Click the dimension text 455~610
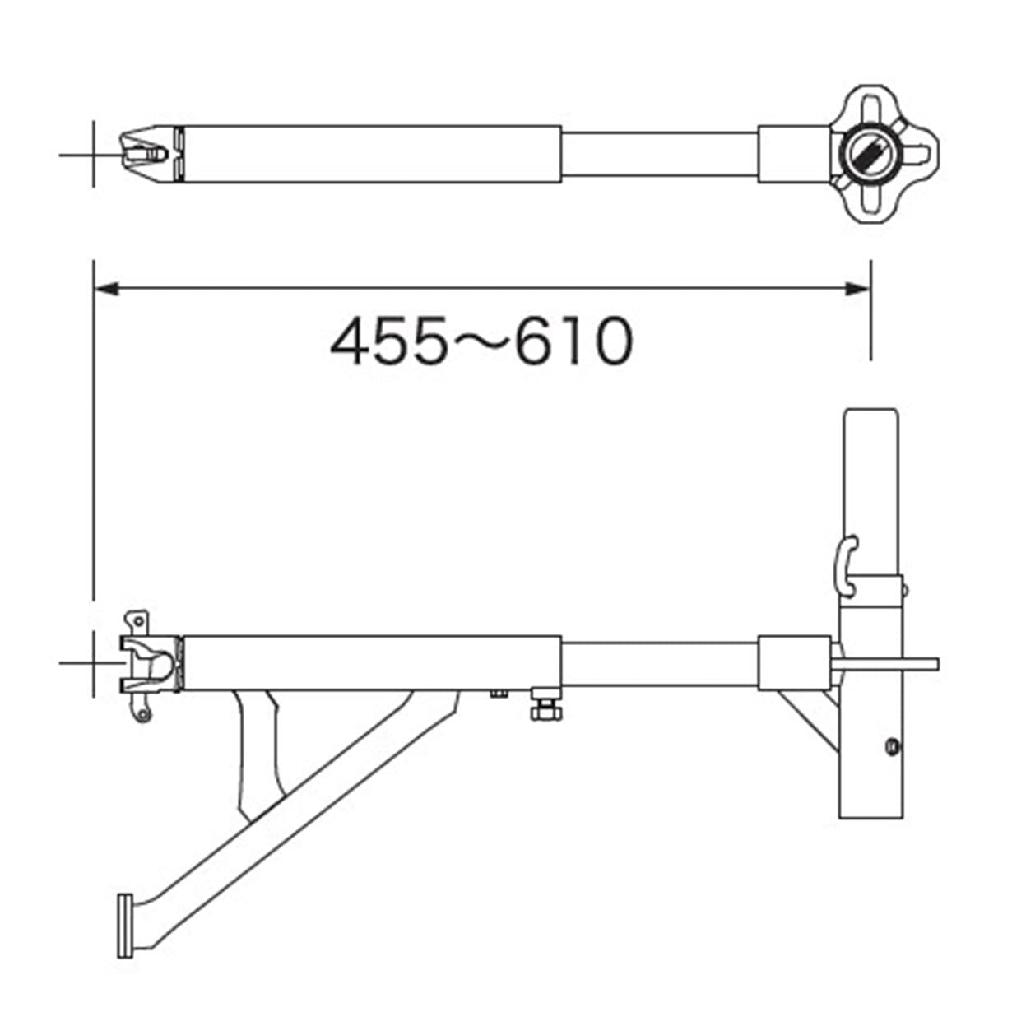[x=481, y=341]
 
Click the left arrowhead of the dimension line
[x=106, y=289]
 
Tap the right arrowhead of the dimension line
[x=858, y=289]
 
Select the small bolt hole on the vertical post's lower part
[x=892, y=747]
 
